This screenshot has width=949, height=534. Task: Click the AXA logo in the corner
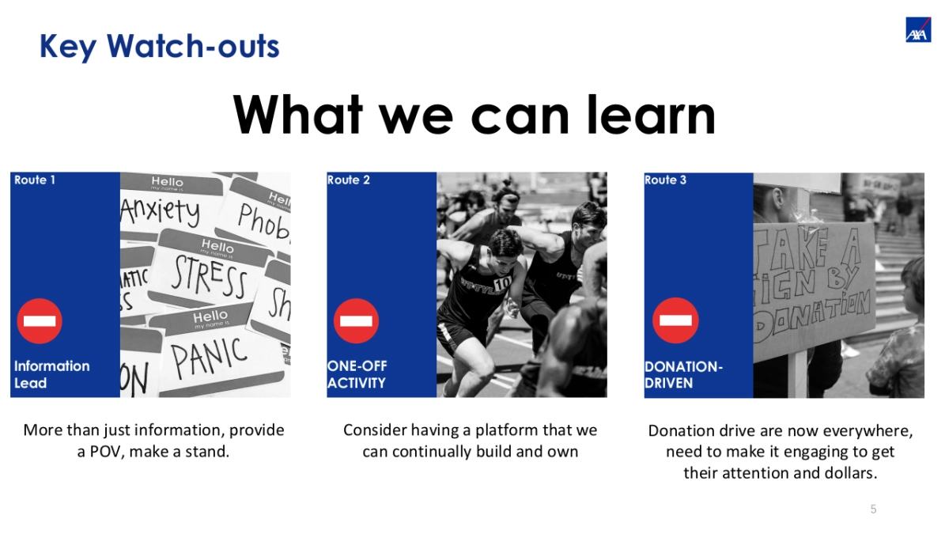pos(918,29)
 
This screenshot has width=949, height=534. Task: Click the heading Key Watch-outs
pos(159,46)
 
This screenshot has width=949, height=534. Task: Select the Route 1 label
pos(35,180)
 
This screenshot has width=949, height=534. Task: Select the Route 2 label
pos(349,180)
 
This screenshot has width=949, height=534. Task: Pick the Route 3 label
pos(665,180)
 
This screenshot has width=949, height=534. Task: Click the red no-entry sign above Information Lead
pos(40,321)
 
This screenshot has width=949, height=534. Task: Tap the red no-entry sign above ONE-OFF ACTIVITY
pos(356,321)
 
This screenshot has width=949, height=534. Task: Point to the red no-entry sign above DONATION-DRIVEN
pos(675,321)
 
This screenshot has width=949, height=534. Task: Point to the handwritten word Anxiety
pos(161,211)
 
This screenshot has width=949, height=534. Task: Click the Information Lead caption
pos(51,374)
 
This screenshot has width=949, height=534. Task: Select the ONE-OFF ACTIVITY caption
pos(357,374)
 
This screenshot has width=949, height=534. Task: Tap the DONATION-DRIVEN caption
pos(683,374)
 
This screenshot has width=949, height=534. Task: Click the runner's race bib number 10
pos(502,282)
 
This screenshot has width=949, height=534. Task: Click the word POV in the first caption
pos(105,452)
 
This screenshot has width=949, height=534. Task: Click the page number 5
pos(873,509)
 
